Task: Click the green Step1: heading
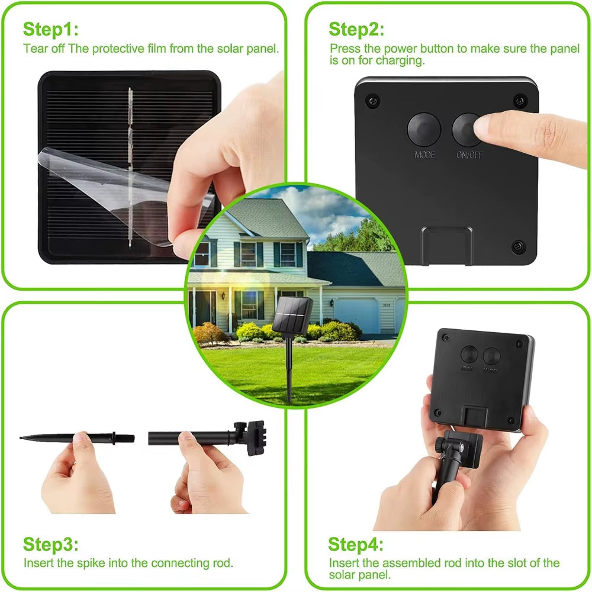50,29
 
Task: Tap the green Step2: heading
356,29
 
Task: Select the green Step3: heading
50,544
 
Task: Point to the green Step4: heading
356,544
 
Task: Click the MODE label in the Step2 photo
424,155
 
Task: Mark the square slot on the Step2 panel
446,246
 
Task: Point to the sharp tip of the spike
23,438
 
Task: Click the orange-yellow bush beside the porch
210,333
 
